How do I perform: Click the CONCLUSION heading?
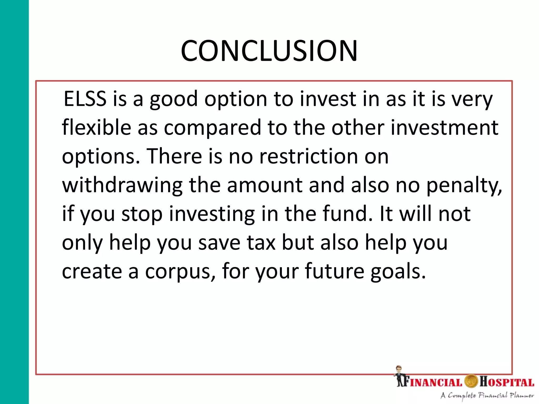pyautogui.click(x=269, y=51)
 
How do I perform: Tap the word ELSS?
pyautogui.click(x=85, y=99)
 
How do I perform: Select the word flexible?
pyautogui.click(x=96, y=127)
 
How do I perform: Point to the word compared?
pyautogui.click(x=212, y=128)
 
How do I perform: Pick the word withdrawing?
pyautogui.click(x=122, y=186)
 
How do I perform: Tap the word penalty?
pyautogui.click(x=464, y=186)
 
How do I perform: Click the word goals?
pyautogui.click(x=398, y=272)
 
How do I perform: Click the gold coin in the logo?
pyautogui.click(x=471, y=381)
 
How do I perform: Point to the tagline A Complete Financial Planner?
pyautogui.click(x=487, y=396)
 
